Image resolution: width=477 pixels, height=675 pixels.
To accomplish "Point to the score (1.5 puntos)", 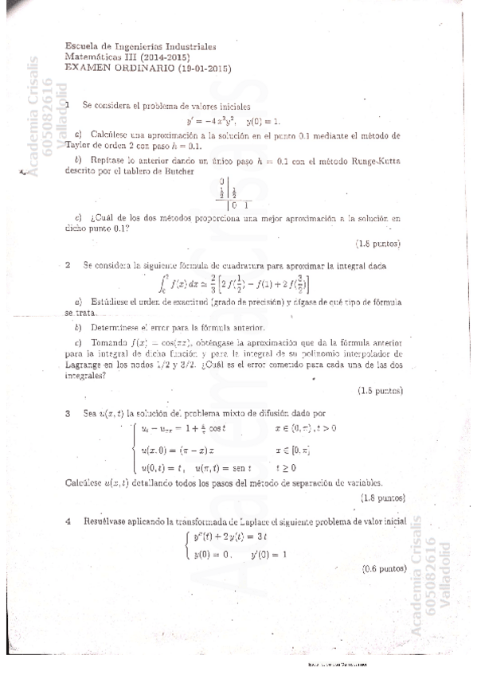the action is [380, 391].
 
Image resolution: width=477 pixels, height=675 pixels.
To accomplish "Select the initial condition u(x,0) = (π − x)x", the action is [174, 451].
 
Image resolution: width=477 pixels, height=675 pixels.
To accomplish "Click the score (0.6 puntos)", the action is [384, 569].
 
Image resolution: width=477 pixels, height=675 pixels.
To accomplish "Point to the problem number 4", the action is [68, 521].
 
